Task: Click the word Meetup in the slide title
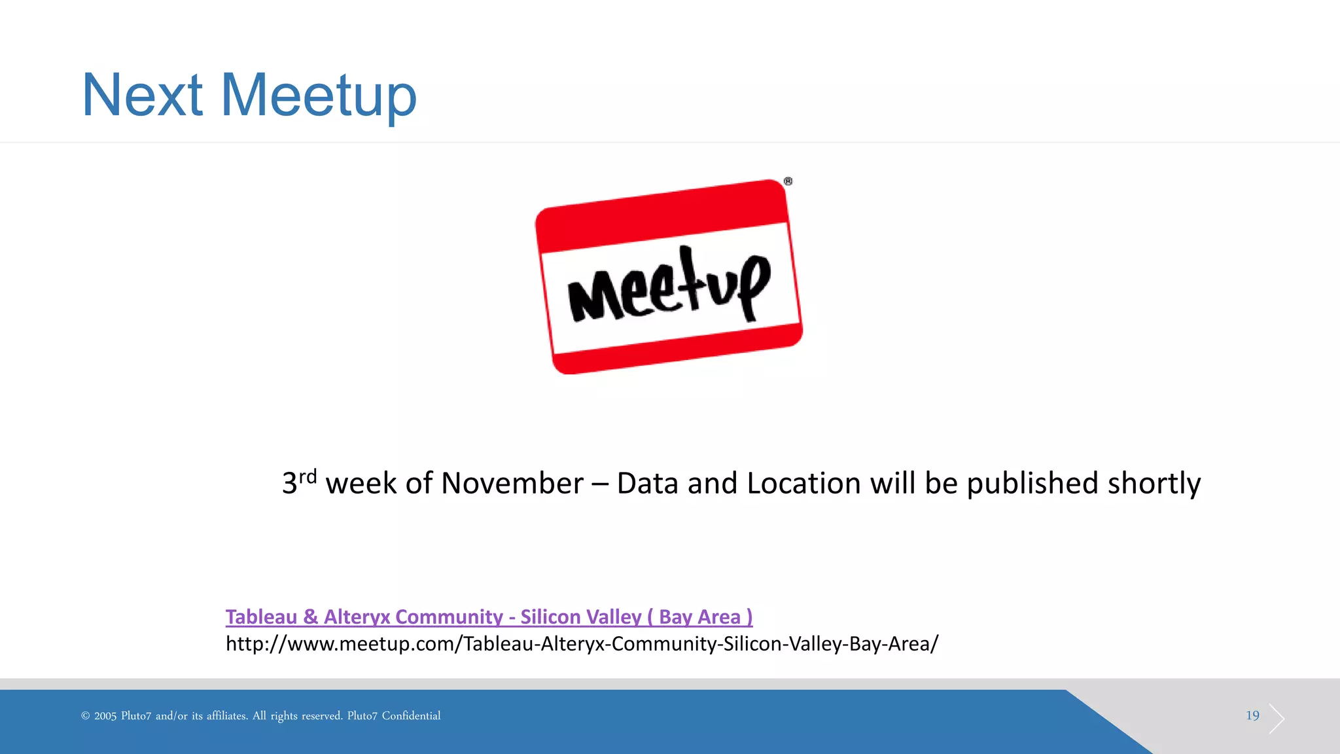click(319, 96)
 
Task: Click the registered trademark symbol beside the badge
click(788, 181)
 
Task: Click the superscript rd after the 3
click(308, 476)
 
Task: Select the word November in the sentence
click(512, 484)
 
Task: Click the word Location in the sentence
click(803, 484)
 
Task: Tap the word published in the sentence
click(1032, 484)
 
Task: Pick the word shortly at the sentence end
click(1154, 484)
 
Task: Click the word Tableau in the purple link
click(262, 617)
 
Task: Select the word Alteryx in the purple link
click(357, 617)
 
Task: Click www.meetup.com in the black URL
click(374, 644)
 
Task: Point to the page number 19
click(1252, 715)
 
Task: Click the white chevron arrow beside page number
click(1277, 719)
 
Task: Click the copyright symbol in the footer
click(85, 716)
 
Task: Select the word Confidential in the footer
click(411, 716)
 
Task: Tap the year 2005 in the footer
click(105, 716)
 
